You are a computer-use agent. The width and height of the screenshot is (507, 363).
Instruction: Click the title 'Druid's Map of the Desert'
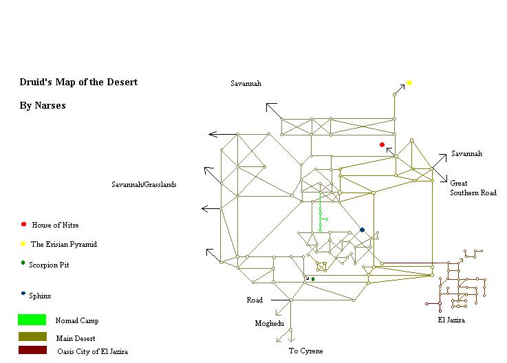pos(78,82)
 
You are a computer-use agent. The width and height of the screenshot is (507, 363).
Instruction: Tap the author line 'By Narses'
pos(43,106)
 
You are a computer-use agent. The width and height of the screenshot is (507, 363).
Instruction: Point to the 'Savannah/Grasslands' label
pos(144,184)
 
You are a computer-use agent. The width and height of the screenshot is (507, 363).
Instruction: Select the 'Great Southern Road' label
pos(473,188)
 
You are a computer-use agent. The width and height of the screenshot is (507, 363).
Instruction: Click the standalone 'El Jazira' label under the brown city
pos(451,320)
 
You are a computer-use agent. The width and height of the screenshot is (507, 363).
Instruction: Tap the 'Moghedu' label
pos(269,322)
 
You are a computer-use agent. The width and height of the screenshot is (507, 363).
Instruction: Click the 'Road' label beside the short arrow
pos(255,300)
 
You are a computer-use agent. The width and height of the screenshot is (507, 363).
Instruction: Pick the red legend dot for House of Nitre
pos(23,225)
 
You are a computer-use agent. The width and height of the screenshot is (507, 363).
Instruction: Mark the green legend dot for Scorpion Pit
pos(23,263)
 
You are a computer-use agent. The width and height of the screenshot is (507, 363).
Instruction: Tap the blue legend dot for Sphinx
pos(23,295)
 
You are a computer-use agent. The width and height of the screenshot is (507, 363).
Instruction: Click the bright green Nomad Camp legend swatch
pos(32,320)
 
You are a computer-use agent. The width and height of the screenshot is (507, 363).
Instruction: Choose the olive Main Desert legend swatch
pos(32,337)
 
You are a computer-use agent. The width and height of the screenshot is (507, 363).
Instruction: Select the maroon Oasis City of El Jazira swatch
pos(32,351)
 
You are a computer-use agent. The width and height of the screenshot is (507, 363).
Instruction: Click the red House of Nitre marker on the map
pos(382,145)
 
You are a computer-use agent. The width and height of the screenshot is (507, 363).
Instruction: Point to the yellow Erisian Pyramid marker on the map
pos(409,82)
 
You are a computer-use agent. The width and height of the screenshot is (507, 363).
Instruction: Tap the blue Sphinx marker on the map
pos(362,230)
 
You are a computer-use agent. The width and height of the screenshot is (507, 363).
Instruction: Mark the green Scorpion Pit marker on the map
pos(313,279)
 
